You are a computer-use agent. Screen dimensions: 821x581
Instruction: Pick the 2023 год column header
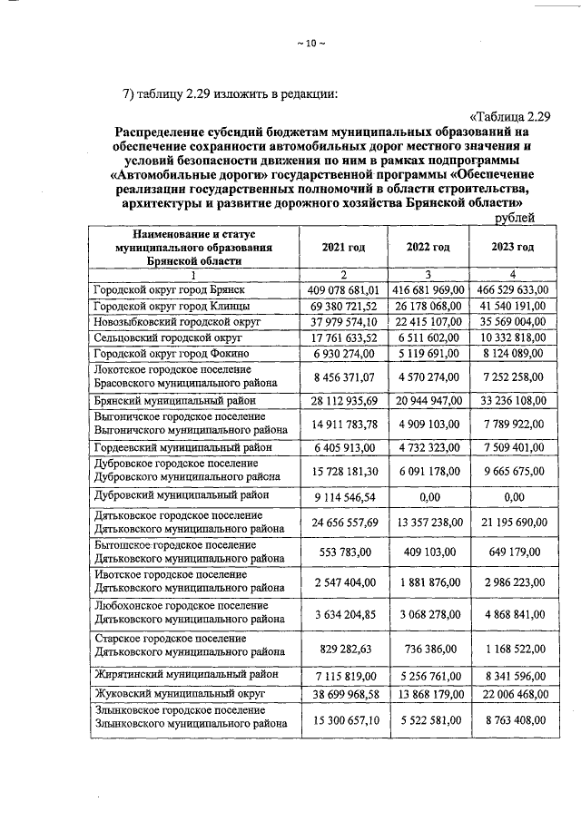512,247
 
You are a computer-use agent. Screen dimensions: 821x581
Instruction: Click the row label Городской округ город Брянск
168,289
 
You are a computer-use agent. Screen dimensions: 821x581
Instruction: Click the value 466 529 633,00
512,289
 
